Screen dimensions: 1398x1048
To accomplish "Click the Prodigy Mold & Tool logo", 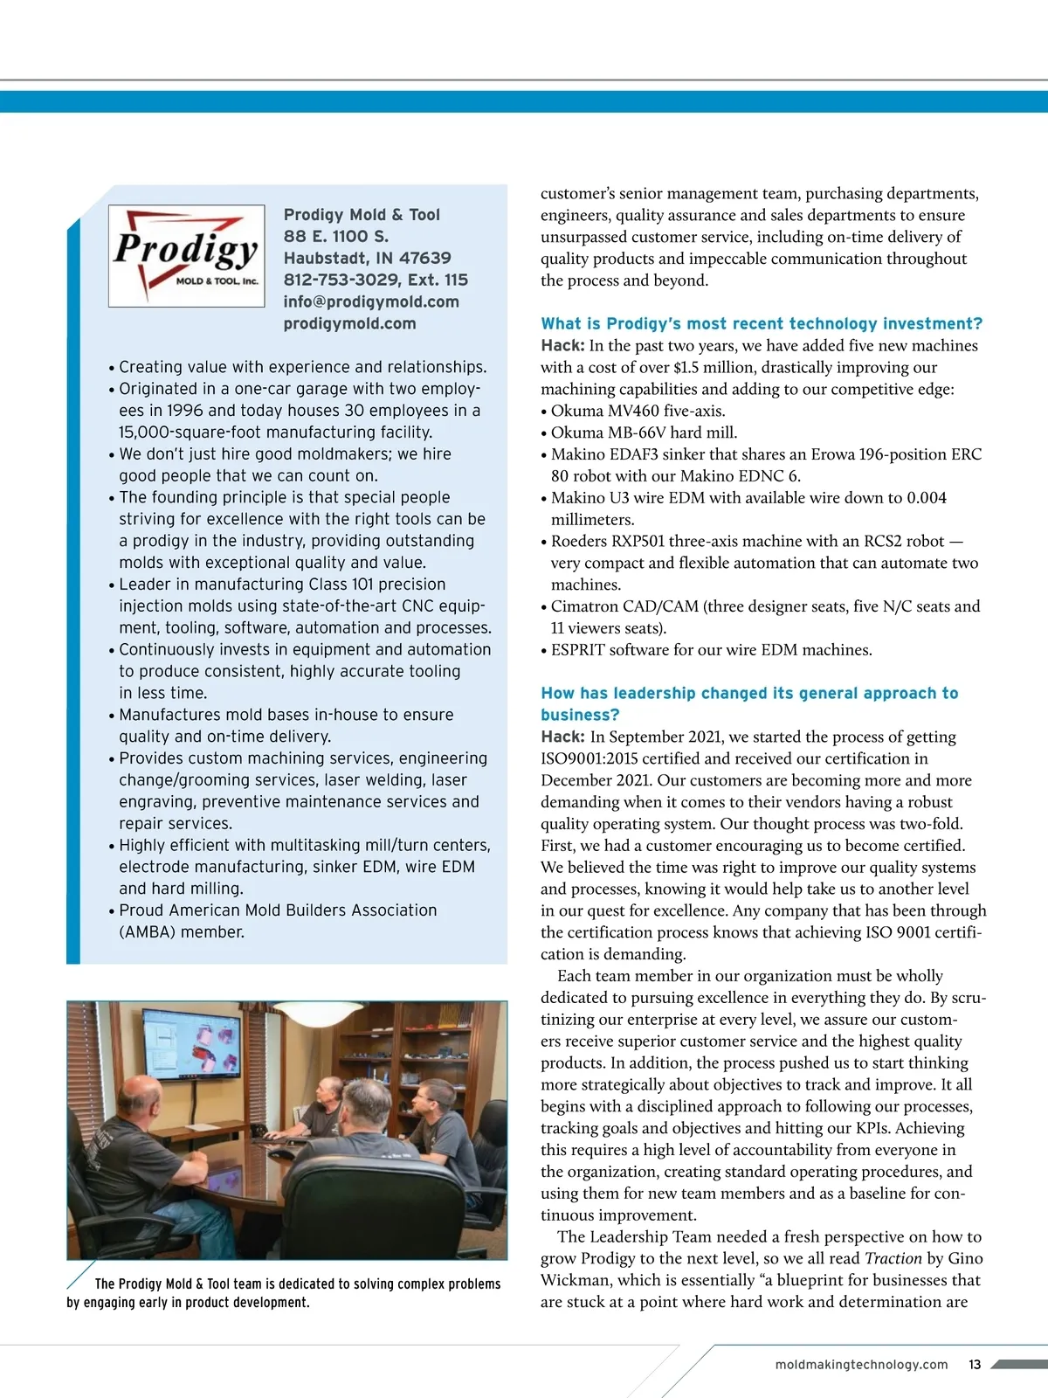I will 186,255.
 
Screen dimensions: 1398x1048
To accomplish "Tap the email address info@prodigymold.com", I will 371,301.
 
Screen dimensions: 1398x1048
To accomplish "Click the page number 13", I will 975,1364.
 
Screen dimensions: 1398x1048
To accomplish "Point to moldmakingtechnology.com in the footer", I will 861,1364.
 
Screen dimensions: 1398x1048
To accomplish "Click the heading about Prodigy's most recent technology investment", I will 762,323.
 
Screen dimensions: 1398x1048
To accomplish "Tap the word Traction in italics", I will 893,1258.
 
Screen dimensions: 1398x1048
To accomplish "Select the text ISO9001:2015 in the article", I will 602,758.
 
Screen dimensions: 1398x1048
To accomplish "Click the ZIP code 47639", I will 425,258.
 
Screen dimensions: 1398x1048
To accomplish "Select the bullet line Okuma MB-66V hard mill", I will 644,433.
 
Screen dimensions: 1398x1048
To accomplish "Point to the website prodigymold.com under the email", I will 349,323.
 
